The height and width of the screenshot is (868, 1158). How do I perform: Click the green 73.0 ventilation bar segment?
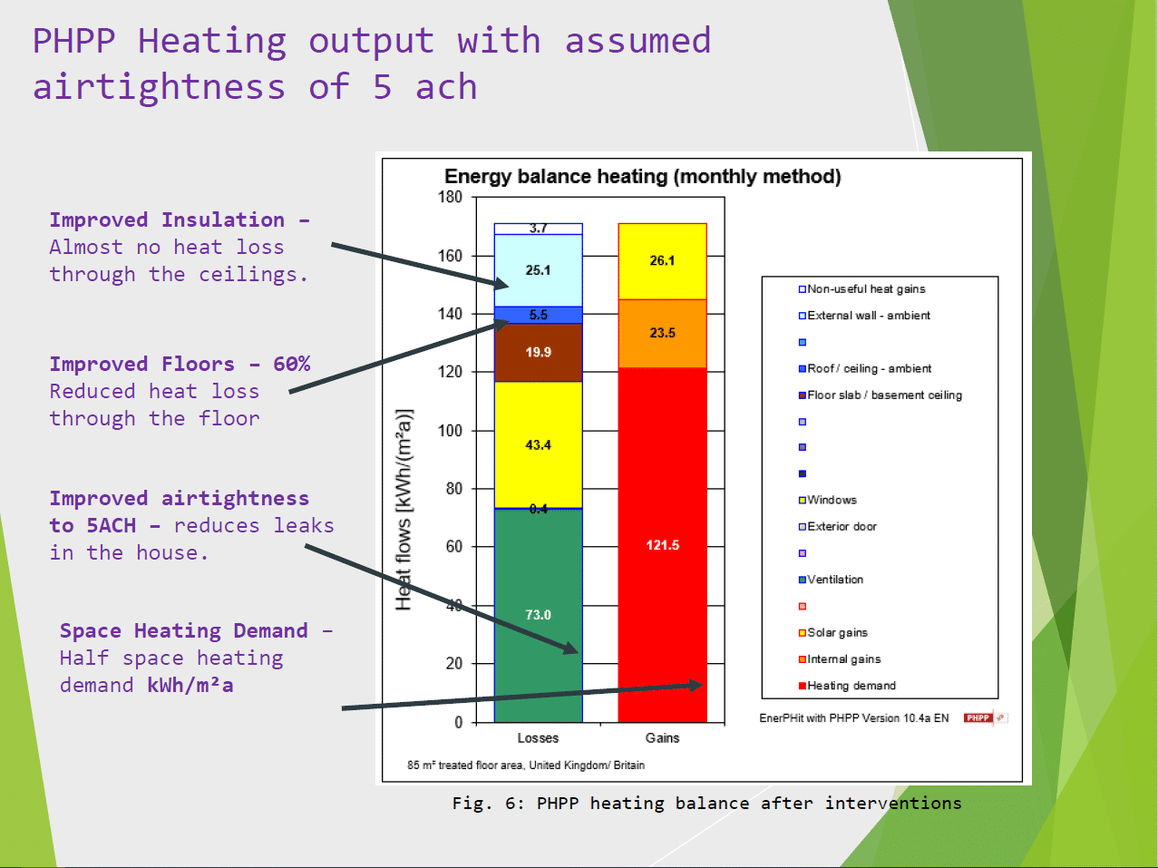(x=538, y=615)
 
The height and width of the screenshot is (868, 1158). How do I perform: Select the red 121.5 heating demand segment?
(x=662, y=544)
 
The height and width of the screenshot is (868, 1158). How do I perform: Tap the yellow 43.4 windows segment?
(x=538, y=444)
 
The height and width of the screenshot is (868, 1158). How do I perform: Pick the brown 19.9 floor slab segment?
(x=538, y=352)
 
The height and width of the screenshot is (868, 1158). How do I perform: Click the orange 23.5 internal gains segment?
(x=662, y=333)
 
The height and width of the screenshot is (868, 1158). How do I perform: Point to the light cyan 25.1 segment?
(x=538, y=270)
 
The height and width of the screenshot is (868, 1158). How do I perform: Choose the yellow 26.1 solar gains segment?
(x=662, y=260)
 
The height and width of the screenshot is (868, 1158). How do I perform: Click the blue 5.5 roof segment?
(x=538, y=315)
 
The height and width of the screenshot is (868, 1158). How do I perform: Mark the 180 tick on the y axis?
(x=451, y=197)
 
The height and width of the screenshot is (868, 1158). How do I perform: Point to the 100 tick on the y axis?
(x=451, y=430)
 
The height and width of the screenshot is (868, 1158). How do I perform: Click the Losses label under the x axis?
(x=538, y=737)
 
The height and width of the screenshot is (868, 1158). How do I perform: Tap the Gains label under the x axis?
(x=662, y=737)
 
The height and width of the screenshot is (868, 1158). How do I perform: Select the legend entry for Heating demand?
(x=851, y=686)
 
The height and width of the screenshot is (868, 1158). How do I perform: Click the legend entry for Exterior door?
(x=842, y=526)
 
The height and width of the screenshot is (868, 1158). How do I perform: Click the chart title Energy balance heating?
(x=642, y=177)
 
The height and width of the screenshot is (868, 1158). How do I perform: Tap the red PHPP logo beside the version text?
(x=979, y=717)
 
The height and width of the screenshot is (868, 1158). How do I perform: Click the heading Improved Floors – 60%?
(x=180, y=364)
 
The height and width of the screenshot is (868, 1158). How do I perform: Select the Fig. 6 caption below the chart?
(x=706, y=803)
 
